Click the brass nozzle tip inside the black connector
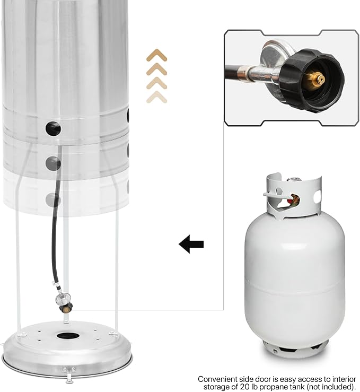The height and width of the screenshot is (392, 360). pyautogui.click(x=320, y=79)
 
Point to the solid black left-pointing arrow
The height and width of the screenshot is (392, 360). pyautogui.click(x=191, y=245)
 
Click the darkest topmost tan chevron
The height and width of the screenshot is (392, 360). pyautogui.click(x=157, y=56)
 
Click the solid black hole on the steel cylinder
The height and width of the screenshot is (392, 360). pyautogui.click(x=53, y=127)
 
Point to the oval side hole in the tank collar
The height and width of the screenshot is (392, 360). pyautogui.click(x=317, y=196)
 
